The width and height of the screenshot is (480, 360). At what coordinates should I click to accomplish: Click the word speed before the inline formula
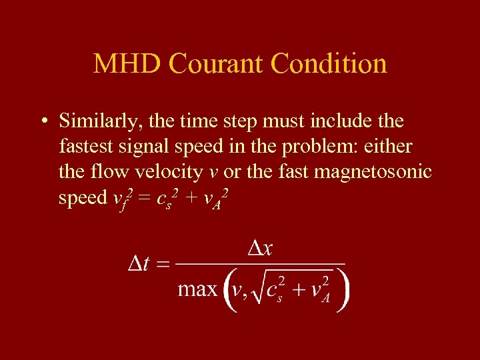[x=83, y=198]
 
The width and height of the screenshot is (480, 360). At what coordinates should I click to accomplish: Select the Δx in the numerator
[x=259, y=249]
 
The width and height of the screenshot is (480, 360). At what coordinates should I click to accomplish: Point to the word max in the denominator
[x=197, y=289]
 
